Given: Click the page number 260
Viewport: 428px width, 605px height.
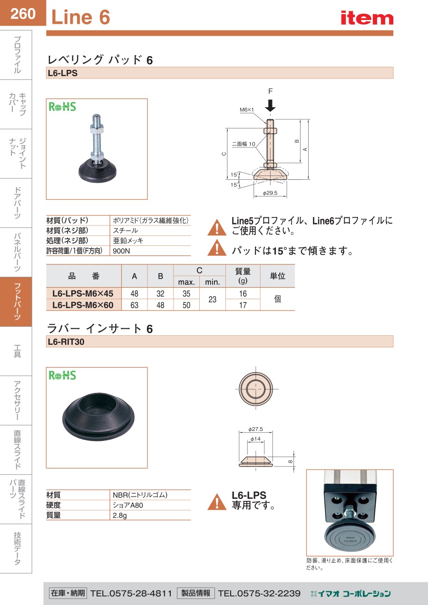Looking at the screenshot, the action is (x=23, y=13).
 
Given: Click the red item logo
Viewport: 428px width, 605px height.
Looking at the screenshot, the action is (x=367, y=18).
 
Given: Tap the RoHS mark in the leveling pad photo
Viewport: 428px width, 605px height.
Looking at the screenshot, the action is (x=62, y=107).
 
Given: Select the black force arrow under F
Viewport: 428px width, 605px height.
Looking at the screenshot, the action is (x=270, y=106).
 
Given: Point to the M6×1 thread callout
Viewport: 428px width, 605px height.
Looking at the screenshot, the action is (x=247, y=110).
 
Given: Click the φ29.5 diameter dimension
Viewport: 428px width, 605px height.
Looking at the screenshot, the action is (x=270, y=193).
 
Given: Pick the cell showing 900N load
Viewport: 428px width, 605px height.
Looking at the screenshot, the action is (x=121, y=251).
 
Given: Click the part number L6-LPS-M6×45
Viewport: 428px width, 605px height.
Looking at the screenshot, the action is (x=83, y=293).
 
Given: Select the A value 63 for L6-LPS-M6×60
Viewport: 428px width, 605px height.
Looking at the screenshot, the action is (x=134, y=305).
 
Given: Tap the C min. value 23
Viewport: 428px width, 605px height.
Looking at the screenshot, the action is (x=212, y=299).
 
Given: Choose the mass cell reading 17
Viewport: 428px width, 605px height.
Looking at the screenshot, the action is (x=243, y=305).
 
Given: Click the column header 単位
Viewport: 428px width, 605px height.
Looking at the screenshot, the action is (x=277, y=276).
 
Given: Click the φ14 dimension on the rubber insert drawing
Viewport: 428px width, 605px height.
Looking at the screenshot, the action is (x=255, y=439).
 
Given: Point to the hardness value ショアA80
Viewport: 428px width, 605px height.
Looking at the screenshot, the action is (x=128, y=505).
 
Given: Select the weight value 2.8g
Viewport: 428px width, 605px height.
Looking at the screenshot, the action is (x=120, y=515).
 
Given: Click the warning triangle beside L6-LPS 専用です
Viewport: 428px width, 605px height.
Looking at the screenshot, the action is (x=217, y=502).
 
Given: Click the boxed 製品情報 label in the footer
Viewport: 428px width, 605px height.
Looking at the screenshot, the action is (x=196, y=593).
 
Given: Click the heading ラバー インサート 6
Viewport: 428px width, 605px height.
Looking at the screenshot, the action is (x=100, y=329).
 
